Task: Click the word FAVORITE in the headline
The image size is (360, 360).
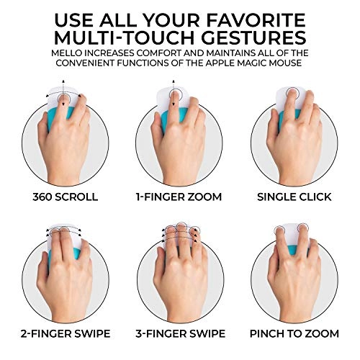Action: click(256, 20)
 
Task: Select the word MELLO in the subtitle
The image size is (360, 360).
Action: click(65, 53)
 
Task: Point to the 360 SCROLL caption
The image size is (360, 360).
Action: click(66, 197)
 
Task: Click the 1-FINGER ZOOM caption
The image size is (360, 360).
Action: click(179, 197)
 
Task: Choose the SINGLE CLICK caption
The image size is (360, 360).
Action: click(294, 197)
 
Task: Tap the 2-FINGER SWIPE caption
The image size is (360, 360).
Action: click(66, 334)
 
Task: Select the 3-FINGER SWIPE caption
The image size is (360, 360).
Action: click(181, 334)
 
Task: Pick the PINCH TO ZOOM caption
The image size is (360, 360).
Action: click(294, 334)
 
